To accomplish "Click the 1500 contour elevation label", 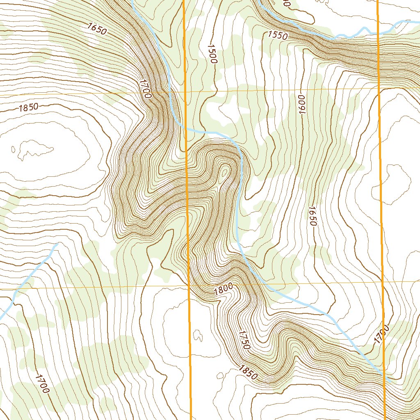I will pyautogui.click(x=212, y=53).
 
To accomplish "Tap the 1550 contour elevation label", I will pyautogui.click(x=278, y=35).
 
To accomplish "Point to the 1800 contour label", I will pyautogui.click(x=223, y=289).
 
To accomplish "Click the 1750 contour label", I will pyautogui.click(x=243, y=340).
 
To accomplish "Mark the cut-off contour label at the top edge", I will pyautogui.click(x=286, y=3).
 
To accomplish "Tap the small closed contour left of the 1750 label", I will pyautogui.click(x=198, y=336).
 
